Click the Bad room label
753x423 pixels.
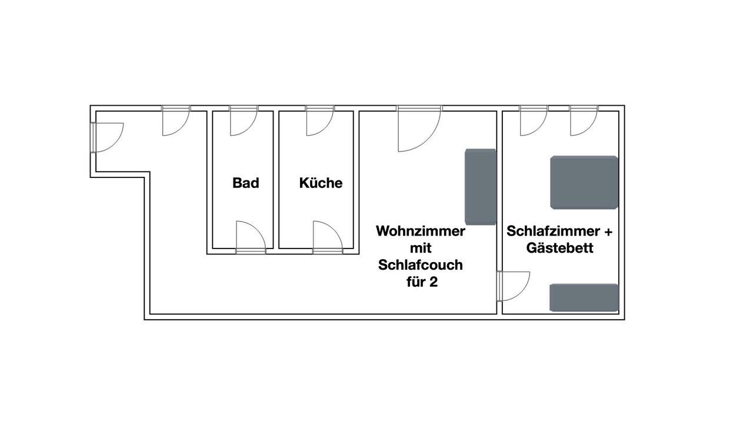click(x=246, y=183)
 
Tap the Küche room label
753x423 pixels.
click(x=321, y=183)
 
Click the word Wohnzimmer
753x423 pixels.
click(x=421, y=231)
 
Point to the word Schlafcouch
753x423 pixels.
click(x=421, y=265)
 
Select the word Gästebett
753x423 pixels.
click(x=559, y=248)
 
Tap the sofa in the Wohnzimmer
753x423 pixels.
click(x=481, y=187)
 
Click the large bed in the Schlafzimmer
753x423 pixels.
click(x=584, y=182)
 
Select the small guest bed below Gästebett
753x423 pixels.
click(x=584, y=297)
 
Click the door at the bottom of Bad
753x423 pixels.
click(x=251, y=237)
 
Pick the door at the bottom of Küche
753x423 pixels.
click(x=328, y=237)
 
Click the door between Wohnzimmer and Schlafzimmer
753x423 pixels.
click(x=513, y=286)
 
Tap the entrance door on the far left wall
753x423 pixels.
click(x=107, y=137)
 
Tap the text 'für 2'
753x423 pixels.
click(x=422, y=281)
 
